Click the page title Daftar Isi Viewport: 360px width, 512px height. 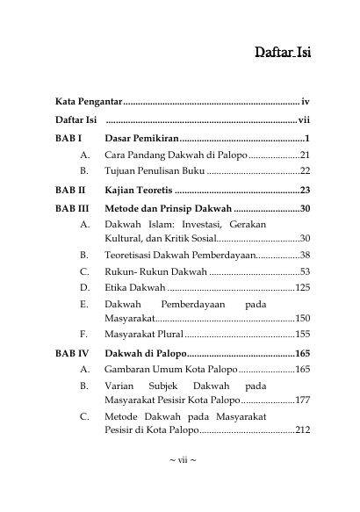[283, 53]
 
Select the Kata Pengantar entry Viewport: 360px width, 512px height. [87, 103]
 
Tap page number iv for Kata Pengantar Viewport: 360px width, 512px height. [305, 103]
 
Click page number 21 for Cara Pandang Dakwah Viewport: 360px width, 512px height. [304, 155]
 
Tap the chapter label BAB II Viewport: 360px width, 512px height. [69, 189]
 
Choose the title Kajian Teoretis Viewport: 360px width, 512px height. [139, 189]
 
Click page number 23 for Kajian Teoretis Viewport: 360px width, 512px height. [304, 189]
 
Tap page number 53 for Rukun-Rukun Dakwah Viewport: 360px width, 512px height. [304, 270]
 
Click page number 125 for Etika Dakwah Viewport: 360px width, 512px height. [302, 286]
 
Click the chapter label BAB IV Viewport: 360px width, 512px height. [71, 353]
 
